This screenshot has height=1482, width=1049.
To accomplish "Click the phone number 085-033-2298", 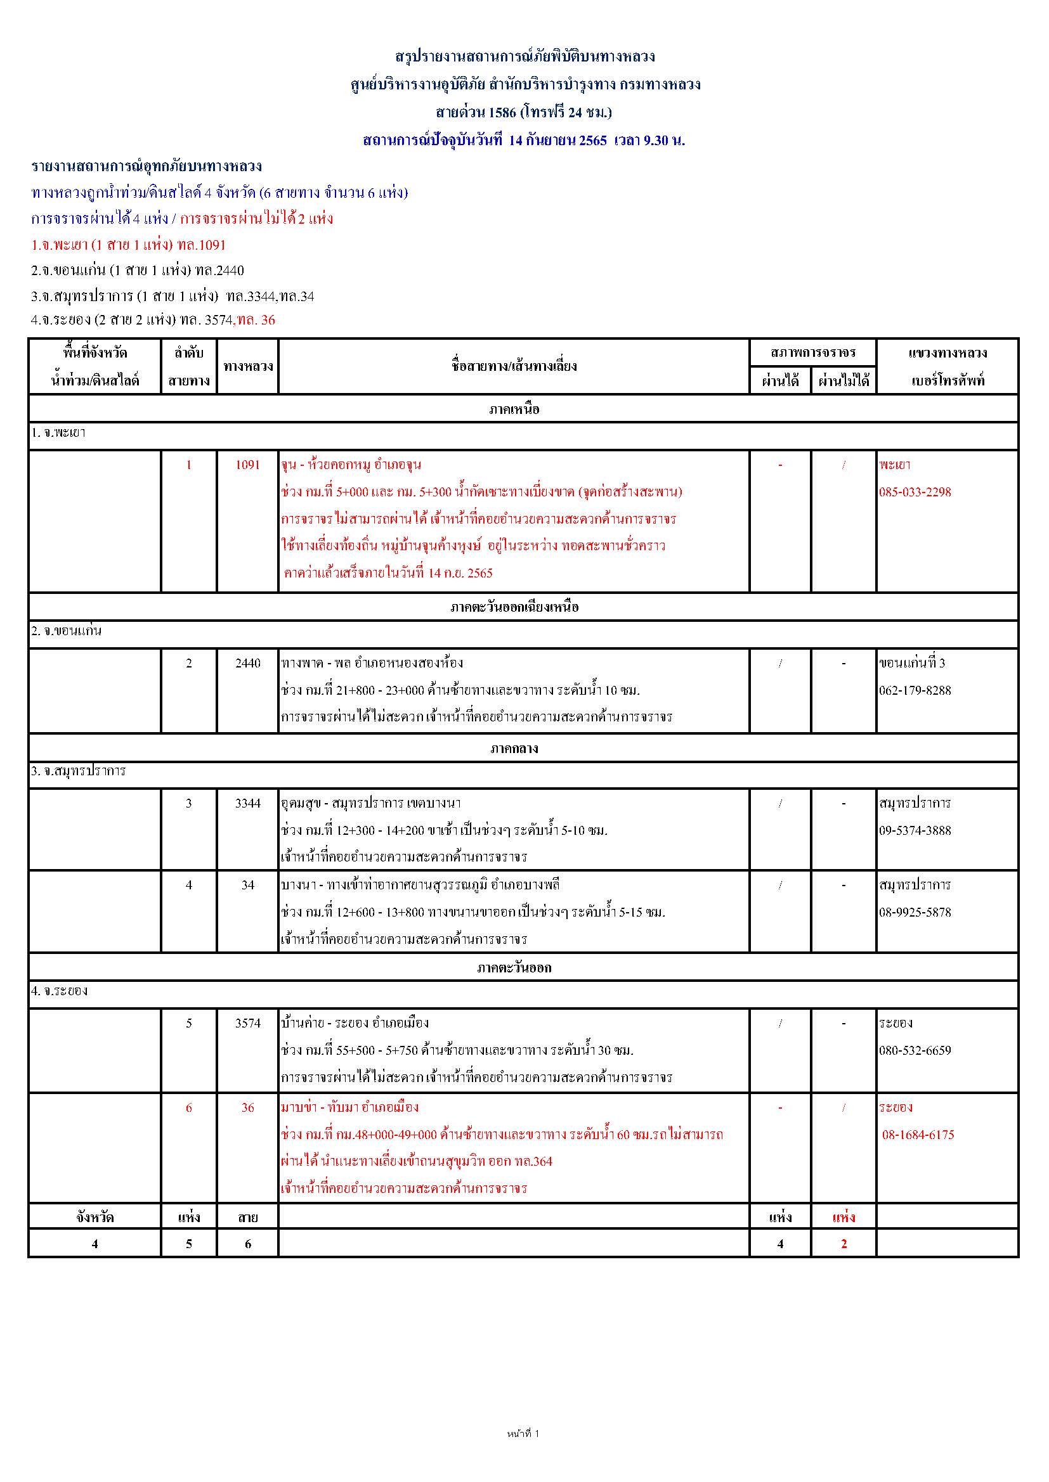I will tap(915, 492).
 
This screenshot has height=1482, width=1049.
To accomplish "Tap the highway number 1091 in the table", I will tap(247, 465).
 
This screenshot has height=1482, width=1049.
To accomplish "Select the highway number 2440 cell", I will tap(247, 663).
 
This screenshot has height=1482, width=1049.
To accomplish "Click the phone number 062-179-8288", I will tap(915, 690).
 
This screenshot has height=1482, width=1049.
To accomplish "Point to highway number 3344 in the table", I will tap(247, 803).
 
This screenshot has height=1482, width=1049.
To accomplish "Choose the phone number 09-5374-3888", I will tap(915, 830).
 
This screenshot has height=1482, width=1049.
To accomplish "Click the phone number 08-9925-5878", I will tap(915, 912).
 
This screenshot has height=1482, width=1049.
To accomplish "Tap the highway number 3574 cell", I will tap(247, 1022).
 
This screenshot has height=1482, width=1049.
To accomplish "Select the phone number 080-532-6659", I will tap(915, 1050).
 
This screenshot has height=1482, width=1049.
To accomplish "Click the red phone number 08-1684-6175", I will tap(918, 1135).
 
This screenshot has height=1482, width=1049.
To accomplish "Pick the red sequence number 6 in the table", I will tap(188, 1107).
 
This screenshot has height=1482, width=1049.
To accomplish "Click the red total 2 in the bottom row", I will tap(844, 1244).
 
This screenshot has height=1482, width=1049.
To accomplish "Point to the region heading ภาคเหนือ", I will tap(514, 409).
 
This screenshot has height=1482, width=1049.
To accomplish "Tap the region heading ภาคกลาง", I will tap(514, 749).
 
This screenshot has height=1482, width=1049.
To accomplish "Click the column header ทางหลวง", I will tap(248, 366).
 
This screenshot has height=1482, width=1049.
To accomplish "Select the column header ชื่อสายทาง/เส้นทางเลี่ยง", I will tap(514, 366).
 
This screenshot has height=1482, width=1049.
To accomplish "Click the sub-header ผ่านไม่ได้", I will tap(844, 380).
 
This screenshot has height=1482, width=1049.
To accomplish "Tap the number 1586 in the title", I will tap(502, 112).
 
